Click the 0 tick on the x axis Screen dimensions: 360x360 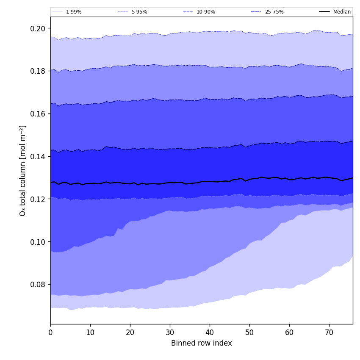[x=50, y=332]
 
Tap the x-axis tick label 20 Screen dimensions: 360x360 [x=130, y=332]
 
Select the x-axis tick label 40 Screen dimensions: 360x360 [x=210, y=332]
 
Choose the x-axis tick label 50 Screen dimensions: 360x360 [x=249, y=332]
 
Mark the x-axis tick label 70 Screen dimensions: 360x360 [x=329, y=332]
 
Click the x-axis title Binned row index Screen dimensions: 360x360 [x=202, y=343]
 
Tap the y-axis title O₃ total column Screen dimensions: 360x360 [x=23, y=170]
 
